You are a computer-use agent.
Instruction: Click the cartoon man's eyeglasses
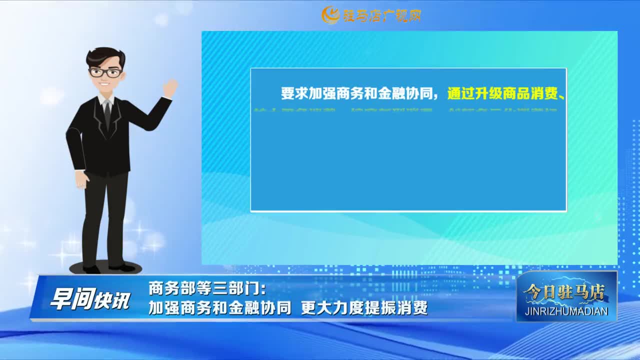[105, 72]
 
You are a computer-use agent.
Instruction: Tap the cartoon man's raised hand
[170, 88]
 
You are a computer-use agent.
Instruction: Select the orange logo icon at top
[330, 15]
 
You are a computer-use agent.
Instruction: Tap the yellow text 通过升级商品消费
[502, 93]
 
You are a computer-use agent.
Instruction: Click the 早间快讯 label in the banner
[89, 299]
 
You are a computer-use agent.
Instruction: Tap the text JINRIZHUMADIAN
[566, 311]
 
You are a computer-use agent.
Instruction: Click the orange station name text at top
[381, 15]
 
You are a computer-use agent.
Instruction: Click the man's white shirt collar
[106, 100]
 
